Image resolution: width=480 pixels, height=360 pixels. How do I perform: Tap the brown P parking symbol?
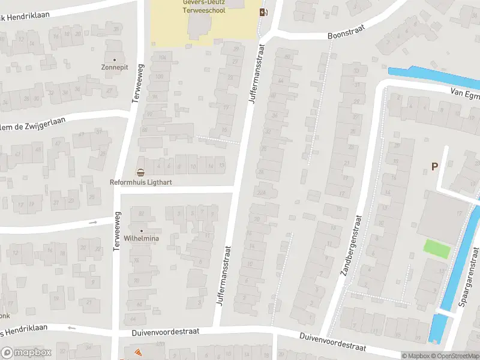434,166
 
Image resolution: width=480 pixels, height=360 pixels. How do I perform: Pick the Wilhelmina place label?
142,238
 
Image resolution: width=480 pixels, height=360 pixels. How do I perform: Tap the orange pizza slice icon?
138,352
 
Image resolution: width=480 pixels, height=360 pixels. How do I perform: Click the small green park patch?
437,249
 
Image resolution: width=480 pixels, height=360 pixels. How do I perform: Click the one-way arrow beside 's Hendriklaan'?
72,328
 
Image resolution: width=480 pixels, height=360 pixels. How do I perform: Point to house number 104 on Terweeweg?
162,58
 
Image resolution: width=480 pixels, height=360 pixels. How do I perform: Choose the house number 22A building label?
260,193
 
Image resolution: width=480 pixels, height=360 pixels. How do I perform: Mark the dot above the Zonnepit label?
114,60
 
